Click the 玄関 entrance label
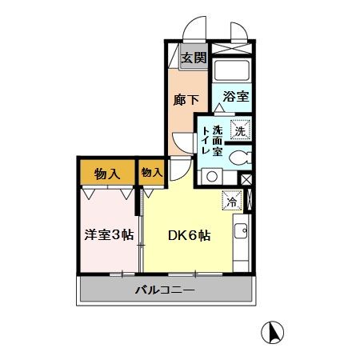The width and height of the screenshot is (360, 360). [193, 58]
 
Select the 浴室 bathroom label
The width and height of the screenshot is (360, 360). [236, 98]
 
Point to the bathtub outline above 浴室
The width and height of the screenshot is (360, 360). [233, 70]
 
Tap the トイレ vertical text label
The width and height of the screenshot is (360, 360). [206, 141]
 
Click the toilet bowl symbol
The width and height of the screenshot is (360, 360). [238, 158]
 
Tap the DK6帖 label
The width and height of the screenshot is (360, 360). [189, 236]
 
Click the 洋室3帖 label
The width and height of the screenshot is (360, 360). [109, 235]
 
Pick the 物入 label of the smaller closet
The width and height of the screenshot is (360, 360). [151, 172]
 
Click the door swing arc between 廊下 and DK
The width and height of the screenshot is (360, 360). [181, 168]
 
